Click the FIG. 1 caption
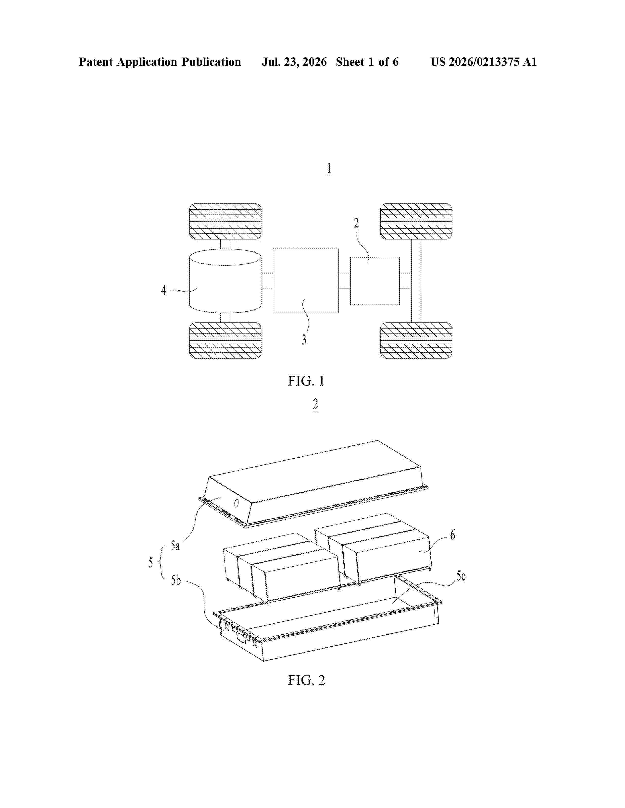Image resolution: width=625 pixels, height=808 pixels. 306,381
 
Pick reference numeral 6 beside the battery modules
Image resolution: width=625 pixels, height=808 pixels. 452,535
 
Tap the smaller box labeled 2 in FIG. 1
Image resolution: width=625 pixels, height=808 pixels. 375,281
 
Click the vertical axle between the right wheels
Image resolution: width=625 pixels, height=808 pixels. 416,281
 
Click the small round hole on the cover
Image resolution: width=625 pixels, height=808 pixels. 237,503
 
